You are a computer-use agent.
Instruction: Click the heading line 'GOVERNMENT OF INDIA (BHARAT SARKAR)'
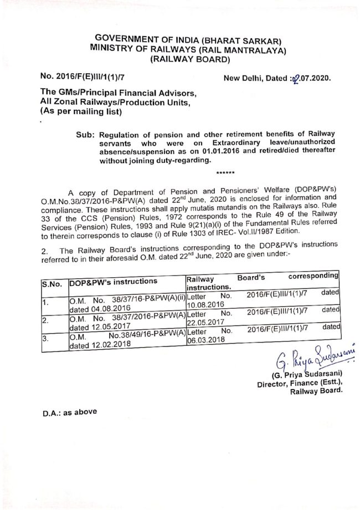click(181, 40)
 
